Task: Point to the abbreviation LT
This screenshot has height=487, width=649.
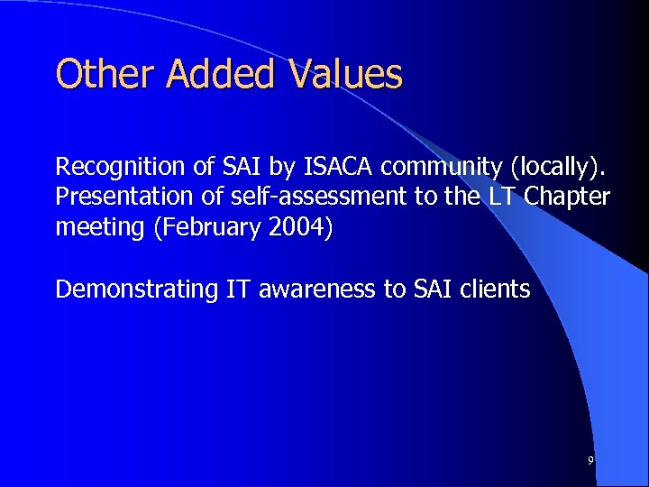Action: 511,196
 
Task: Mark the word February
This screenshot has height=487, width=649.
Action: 208,226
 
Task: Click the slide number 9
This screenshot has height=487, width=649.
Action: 590,461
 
